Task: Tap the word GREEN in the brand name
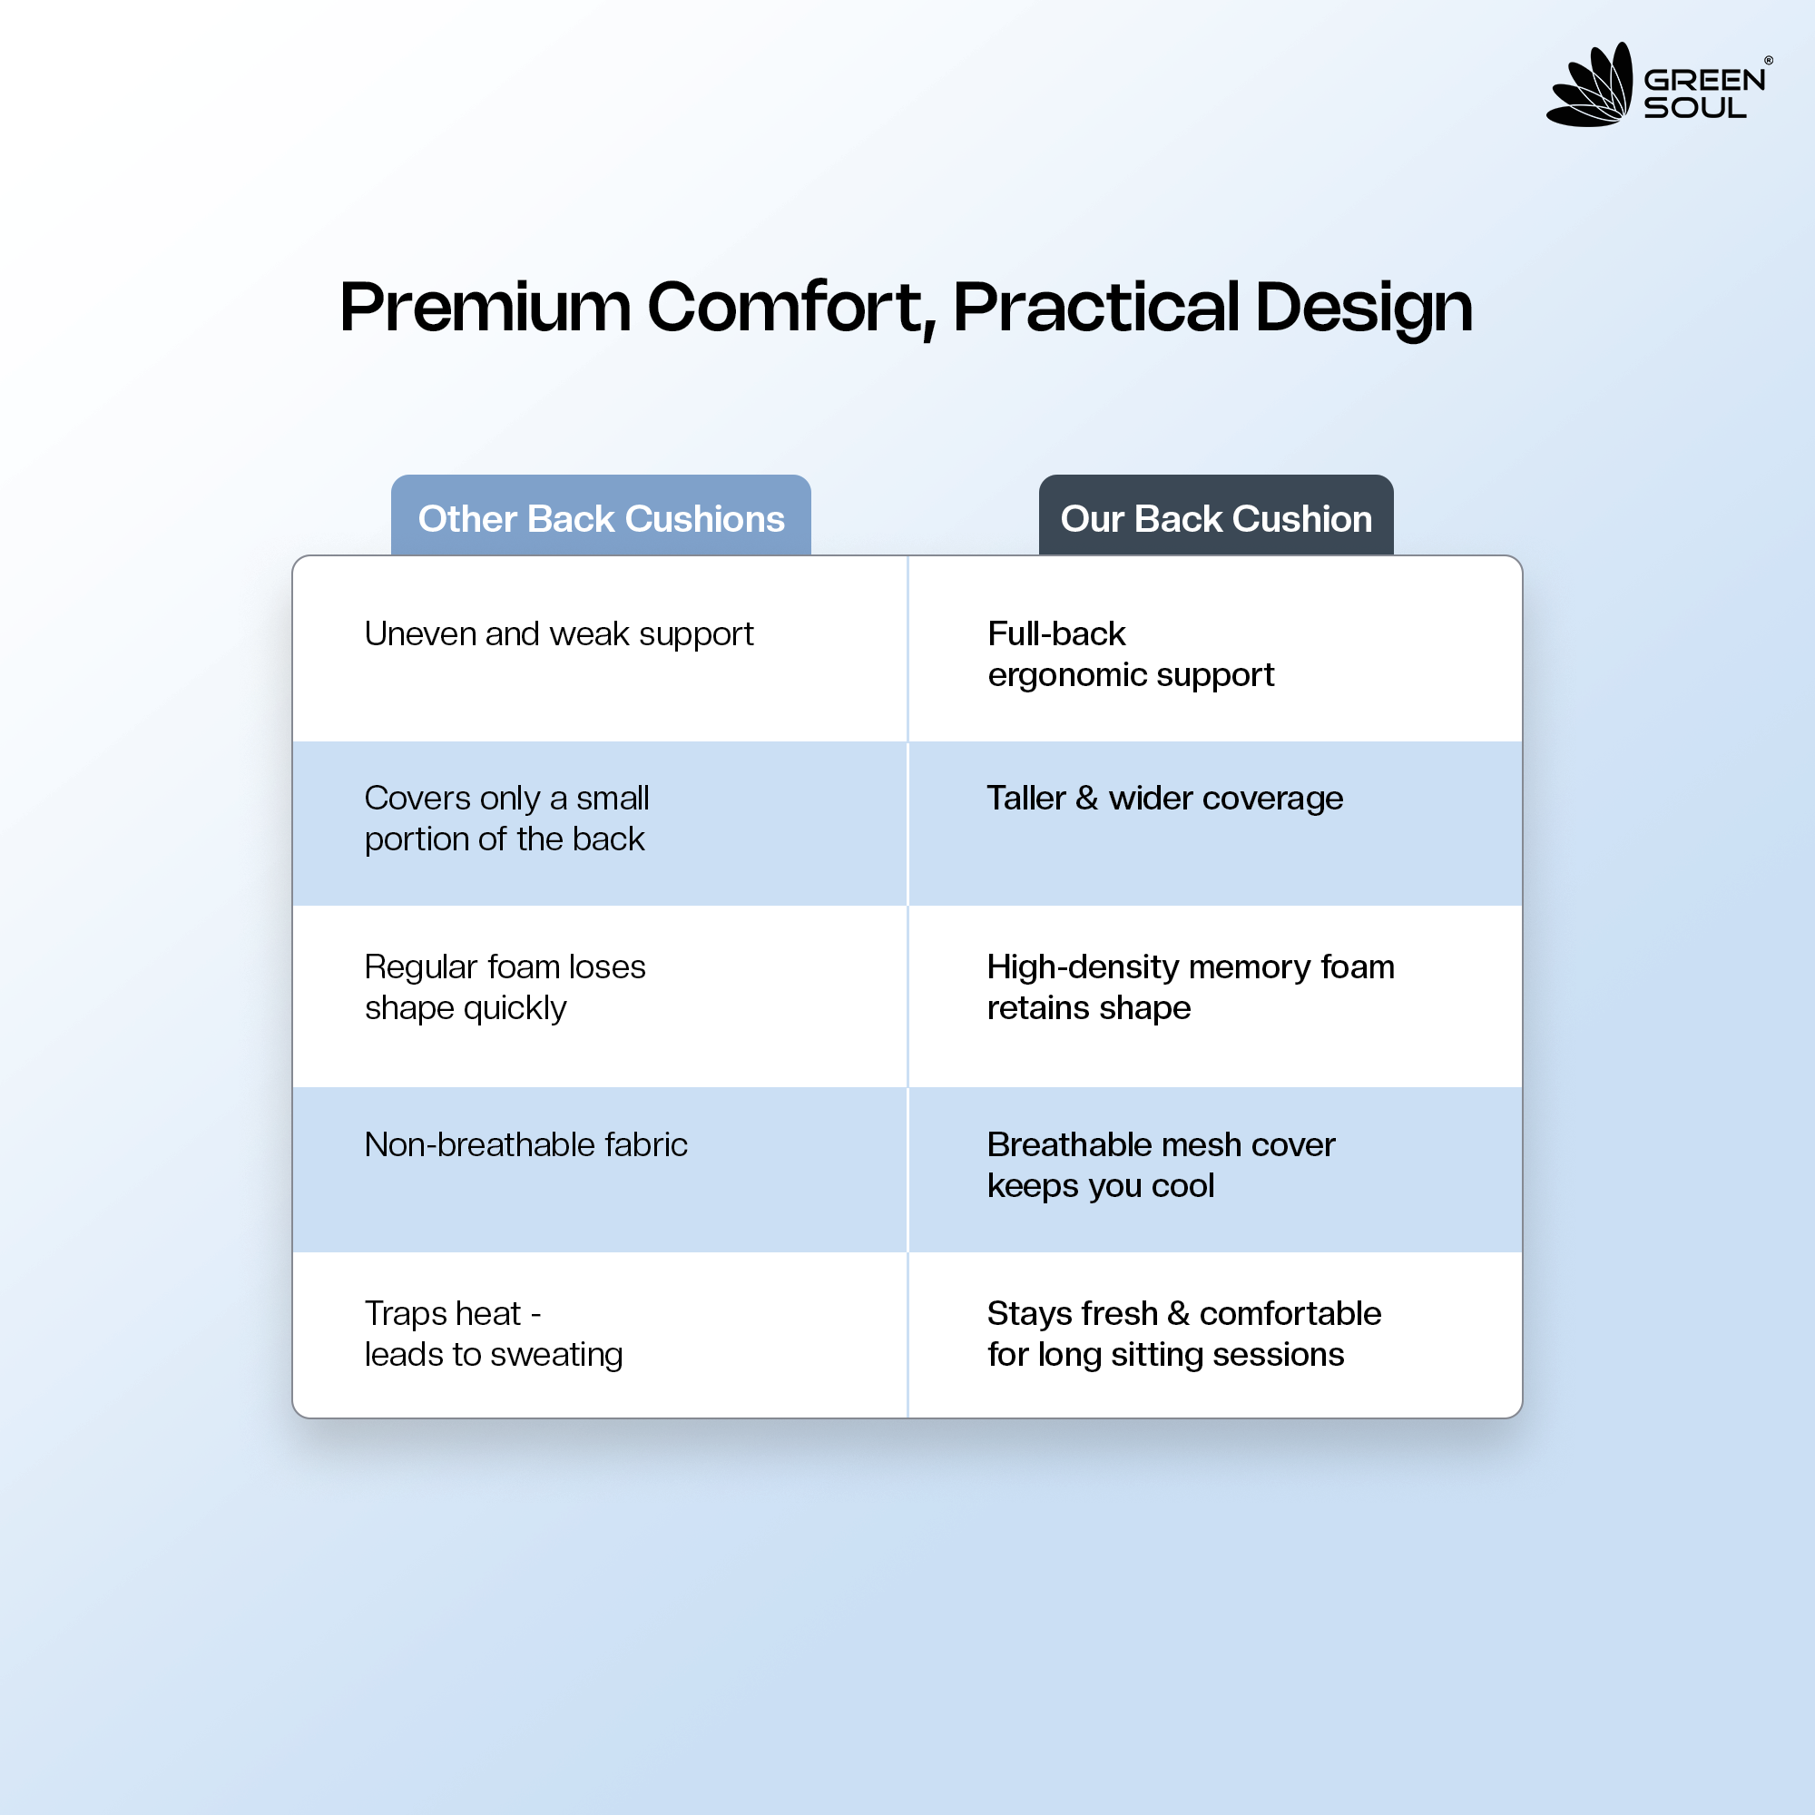coord(1704,81)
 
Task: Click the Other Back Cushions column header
coord(602,518)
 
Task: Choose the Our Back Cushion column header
coord(1216,518)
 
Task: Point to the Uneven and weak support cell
coord(559,635)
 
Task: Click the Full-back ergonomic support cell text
coord(1130,655)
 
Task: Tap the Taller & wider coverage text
coord(1165,799)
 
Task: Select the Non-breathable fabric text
coord(526,1144)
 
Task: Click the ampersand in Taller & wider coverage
coord(1087,799)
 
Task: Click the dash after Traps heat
coord(535,1315)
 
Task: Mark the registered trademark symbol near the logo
coord(1769,60)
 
